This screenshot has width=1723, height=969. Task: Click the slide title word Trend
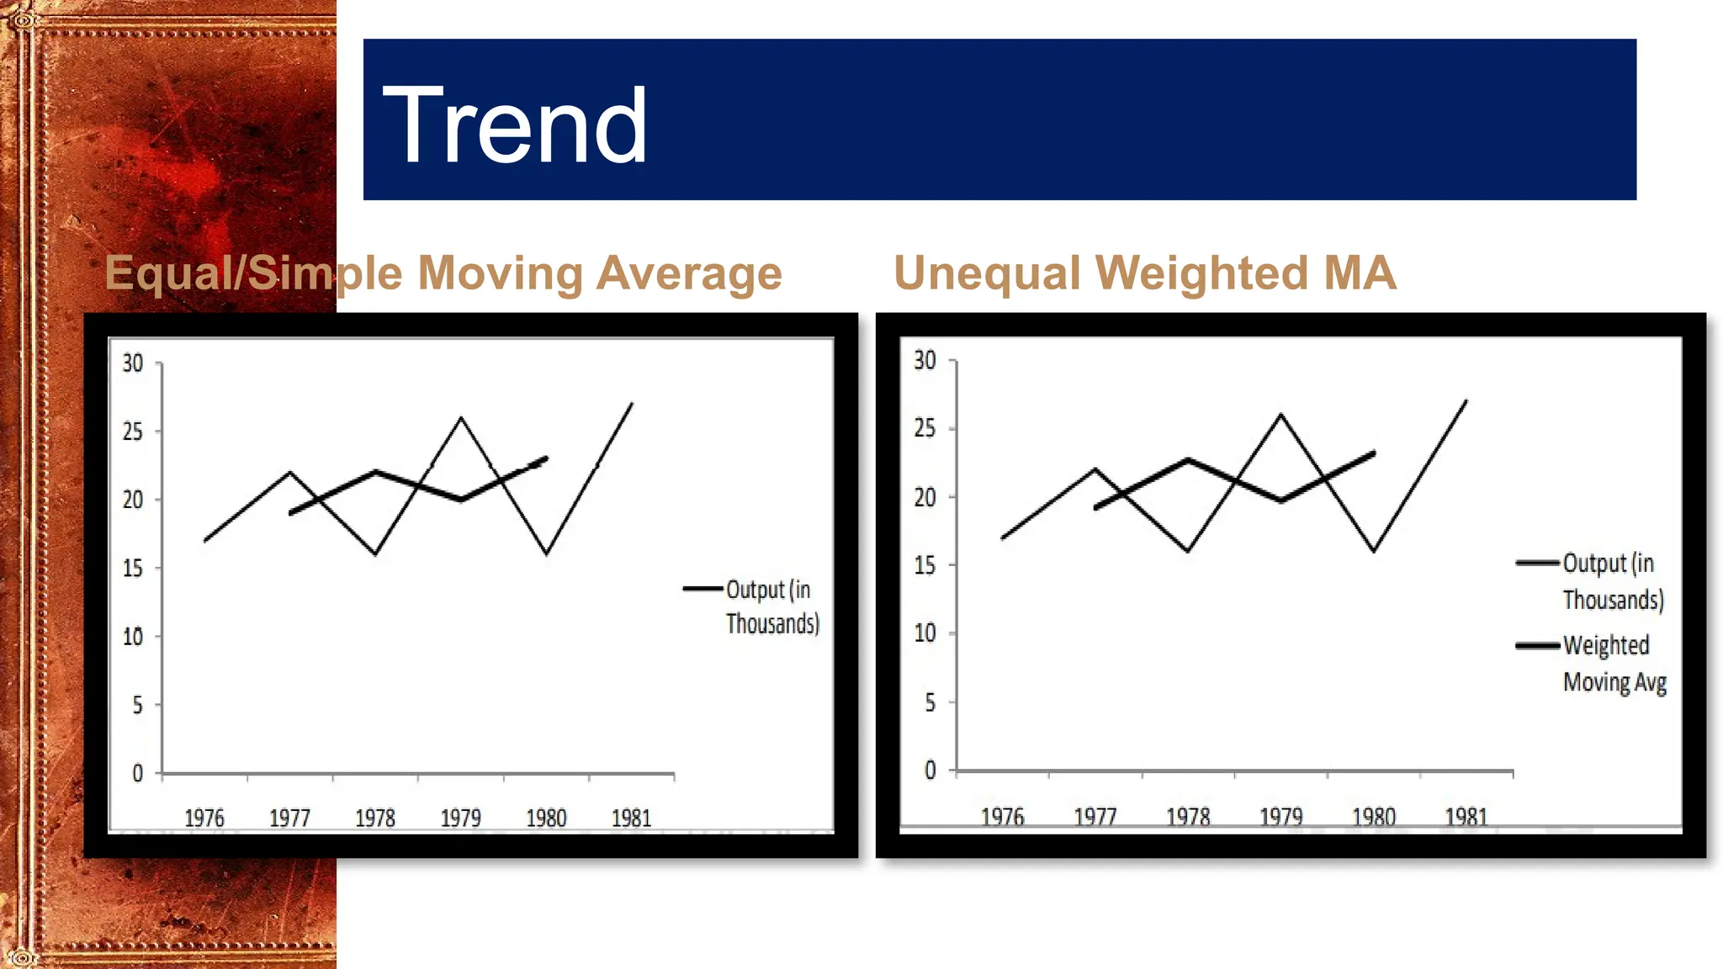(515, 126)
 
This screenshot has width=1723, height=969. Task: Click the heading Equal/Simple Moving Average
(443, 273)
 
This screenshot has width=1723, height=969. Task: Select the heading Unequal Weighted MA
(1144, 273)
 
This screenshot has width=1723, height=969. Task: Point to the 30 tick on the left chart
(133, 363)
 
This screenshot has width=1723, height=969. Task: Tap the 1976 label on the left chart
(204, 818)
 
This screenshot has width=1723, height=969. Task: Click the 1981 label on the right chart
(1466, 816)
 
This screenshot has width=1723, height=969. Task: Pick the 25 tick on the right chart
(925, 428)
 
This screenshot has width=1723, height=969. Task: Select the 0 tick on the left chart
(137, 773)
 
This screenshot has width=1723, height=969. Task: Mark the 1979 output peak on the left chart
(461, 417)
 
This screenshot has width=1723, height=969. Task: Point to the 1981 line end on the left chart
(632, 404)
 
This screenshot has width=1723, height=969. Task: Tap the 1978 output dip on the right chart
(1188, 551)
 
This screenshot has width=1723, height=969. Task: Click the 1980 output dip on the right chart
(1374, 551)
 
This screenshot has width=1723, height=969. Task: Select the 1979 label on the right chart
(1280, 816)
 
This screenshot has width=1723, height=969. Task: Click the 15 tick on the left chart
(133, 569)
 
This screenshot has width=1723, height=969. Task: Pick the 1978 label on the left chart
(375, 818)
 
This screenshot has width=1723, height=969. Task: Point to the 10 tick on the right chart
(925, 633)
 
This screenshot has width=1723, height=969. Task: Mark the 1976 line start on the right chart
(1003, 537)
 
